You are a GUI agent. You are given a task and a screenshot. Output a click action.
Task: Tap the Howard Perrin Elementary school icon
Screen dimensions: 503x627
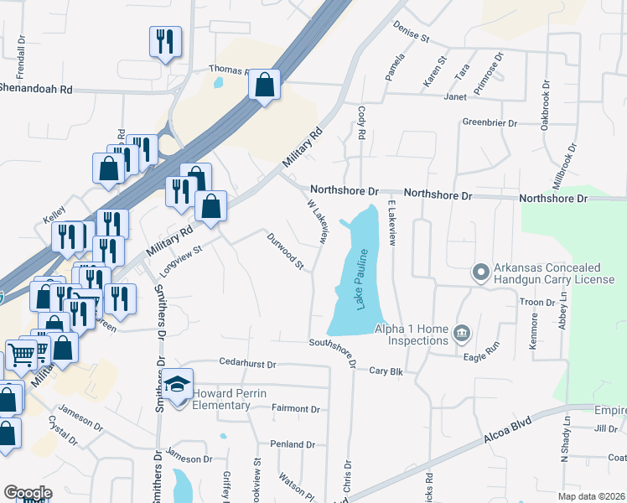pyautogui.click(x=178, y=385)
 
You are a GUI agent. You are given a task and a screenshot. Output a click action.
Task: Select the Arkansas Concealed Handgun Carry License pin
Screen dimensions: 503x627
pyautogui.click(x=480, y=272)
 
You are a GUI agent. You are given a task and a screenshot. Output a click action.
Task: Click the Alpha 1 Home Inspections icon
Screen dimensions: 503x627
pyautogui.click(x=461, y=334)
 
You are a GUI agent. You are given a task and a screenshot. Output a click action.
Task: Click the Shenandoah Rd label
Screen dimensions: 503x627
pyautogui.click(x=35, y=86)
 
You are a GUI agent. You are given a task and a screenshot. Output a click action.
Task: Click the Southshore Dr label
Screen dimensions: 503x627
pyautogui.click(x=334, y=354)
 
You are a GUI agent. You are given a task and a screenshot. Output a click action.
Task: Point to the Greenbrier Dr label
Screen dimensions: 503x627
pyautogui.click(x=490, y=122)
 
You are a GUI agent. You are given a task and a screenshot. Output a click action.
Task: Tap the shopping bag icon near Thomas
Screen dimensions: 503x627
pyautogui.click(x=265, y=84)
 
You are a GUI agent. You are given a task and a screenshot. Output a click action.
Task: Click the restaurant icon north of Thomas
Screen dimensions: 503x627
pyautogui.click(x=164, y=40)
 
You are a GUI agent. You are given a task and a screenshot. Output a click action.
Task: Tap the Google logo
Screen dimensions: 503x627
pyautogui.click(x=28, y=493)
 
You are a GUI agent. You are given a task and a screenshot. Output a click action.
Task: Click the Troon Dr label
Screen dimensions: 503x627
pyautogui.click(x=539, y=302)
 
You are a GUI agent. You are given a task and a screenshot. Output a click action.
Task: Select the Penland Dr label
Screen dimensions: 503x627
pyautogui.click(x=292, y=443)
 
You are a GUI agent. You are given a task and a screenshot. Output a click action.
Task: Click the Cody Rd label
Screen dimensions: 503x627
pyautogui.click(x=362, y=122)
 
